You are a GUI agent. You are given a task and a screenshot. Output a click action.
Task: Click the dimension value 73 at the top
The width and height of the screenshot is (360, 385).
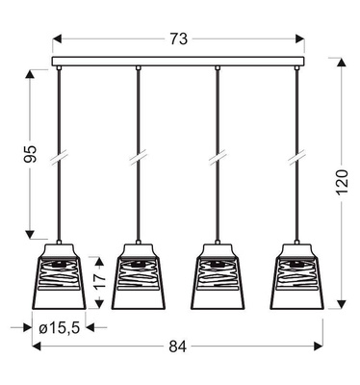[178, 38]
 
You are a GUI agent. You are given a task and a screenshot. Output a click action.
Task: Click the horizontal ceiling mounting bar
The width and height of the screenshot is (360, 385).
[178, 64]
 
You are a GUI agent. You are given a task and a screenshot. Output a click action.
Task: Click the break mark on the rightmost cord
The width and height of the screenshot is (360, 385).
[298, 154]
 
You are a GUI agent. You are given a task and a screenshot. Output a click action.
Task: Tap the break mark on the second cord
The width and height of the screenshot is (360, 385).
[139, 154]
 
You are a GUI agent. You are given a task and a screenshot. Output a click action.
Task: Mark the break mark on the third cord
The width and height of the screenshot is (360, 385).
[219, 154]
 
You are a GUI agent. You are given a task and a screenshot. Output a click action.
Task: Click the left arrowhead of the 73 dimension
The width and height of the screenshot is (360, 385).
[56, 38]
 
